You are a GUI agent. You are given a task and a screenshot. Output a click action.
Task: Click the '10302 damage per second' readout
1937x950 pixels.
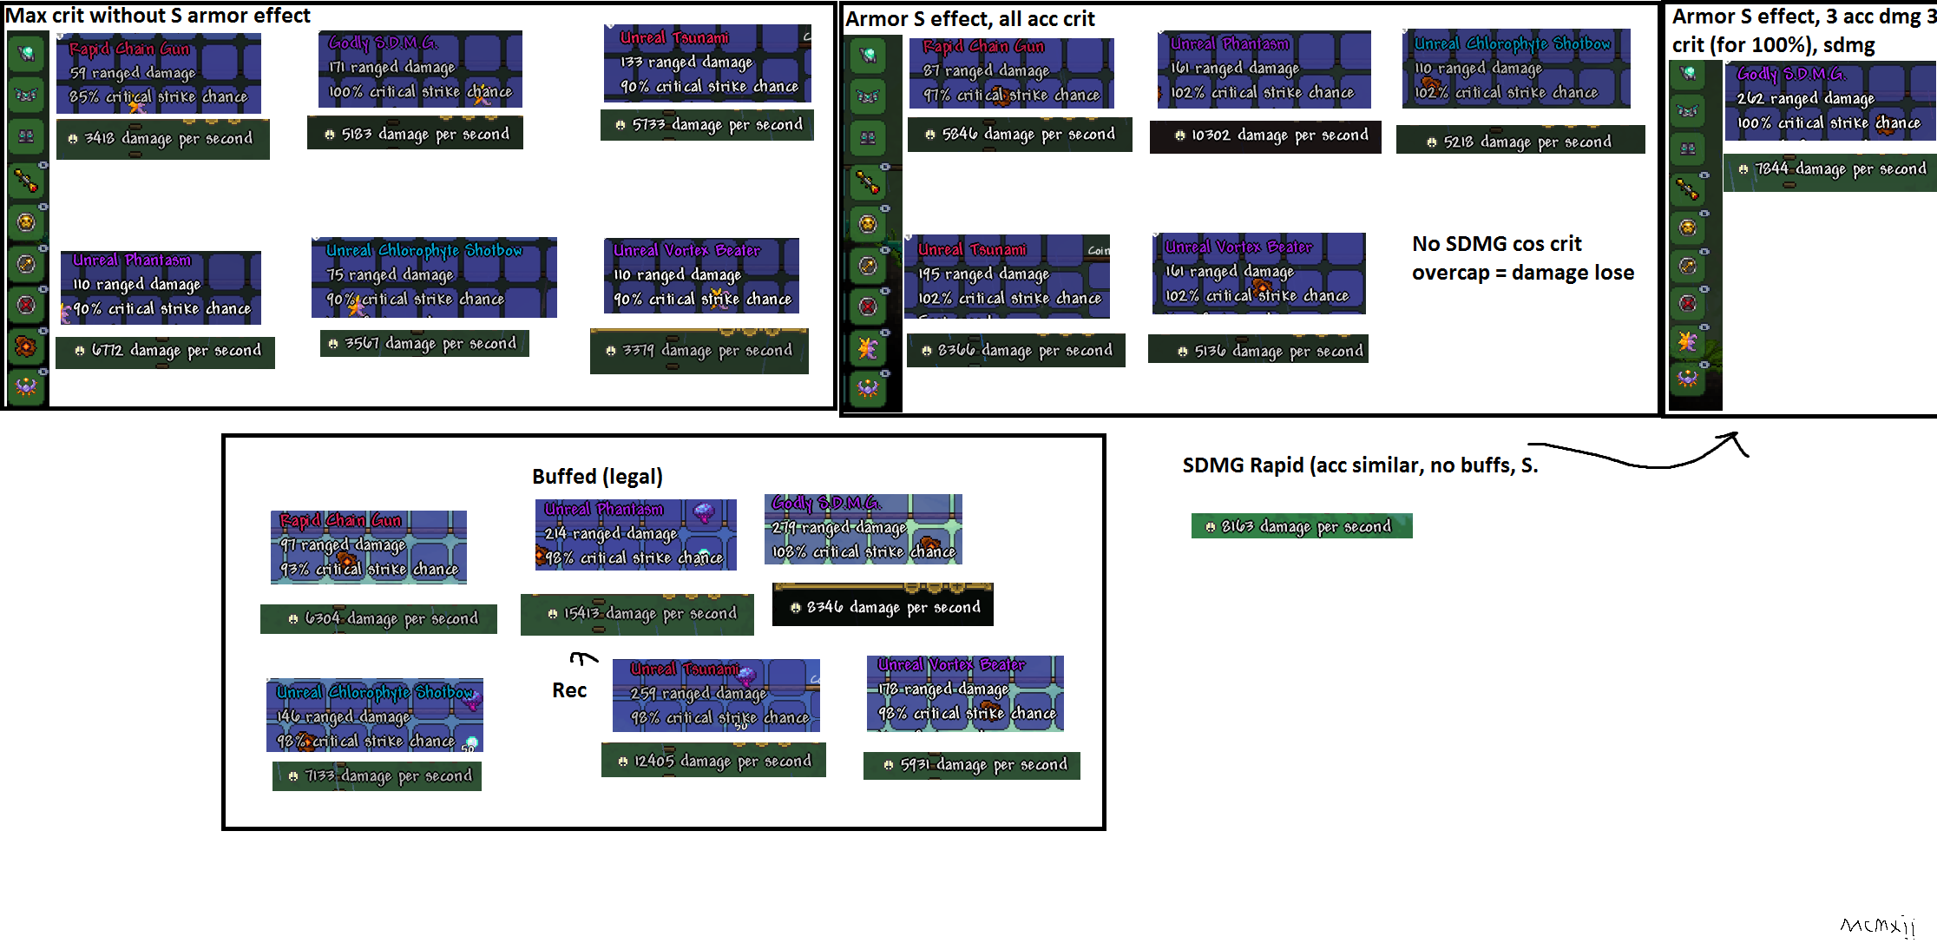(x=1265, y=135)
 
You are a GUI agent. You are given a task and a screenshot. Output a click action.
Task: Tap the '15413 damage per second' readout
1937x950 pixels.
(x=637, y=614)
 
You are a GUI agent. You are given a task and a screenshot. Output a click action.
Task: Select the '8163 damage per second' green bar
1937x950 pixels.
(x=1302, y=526)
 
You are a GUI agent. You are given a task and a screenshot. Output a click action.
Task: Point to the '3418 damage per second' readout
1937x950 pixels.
(x=163, y=139)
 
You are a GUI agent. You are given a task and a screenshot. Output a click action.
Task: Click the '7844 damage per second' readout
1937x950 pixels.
(x=1831, y=169)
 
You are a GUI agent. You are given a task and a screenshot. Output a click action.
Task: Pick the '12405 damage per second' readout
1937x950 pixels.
(x=713, y=761)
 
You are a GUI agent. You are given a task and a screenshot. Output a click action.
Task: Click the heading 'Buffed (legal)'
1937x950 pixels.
(x=597, y=476)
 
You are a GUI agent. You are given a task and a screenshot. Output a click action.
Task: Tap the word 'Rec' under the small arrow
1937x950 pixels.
(x=569, y=690)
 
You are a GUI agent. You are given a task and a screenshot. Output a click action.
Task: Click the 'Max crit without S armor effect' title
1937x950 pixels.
(x=158, y=16)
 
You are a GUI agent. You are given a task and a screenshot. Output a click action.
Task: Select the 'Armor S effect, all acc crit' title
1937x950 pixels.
(x=969, y=19)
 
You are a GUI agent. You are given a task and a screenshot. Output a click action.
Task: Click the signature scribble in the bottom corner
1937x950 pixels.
(x=1877, y=926)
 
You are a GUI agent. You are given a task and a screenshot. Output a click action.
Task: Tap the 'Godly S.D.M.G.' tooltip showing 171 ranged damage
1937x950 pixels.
(x=420, y=69)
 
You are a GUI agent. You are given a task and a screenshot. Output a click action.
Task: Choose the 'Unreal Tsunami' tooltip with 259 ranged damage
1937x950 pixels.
(x=716, y=695)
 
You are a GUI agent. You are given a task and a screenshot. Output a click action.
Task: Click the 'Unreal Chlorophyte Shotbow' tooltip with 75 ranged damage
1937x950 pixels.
(x=434, y=277)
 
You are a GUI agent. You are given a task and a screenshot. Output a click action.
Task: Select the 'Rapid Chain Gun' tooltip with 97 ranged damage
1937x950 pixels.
(x=369, y=547)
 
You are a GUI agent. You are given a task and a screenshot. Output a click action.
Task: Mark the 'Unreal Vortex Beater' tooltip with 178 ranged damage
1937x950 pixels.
(x=965, y=693)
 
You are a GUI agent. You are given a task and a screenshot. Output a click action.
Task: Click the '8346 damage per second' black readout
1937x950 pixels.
(x=883, y=606)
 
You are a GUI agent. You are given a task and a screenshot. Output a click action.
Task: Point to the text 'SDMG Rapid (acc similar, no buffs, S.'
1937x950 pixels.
(x=1360, y=465)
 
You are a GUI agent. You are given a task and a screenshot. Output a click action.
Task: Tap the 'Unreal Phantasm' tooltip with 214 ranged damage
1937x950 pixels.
(x=636, y=535)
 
